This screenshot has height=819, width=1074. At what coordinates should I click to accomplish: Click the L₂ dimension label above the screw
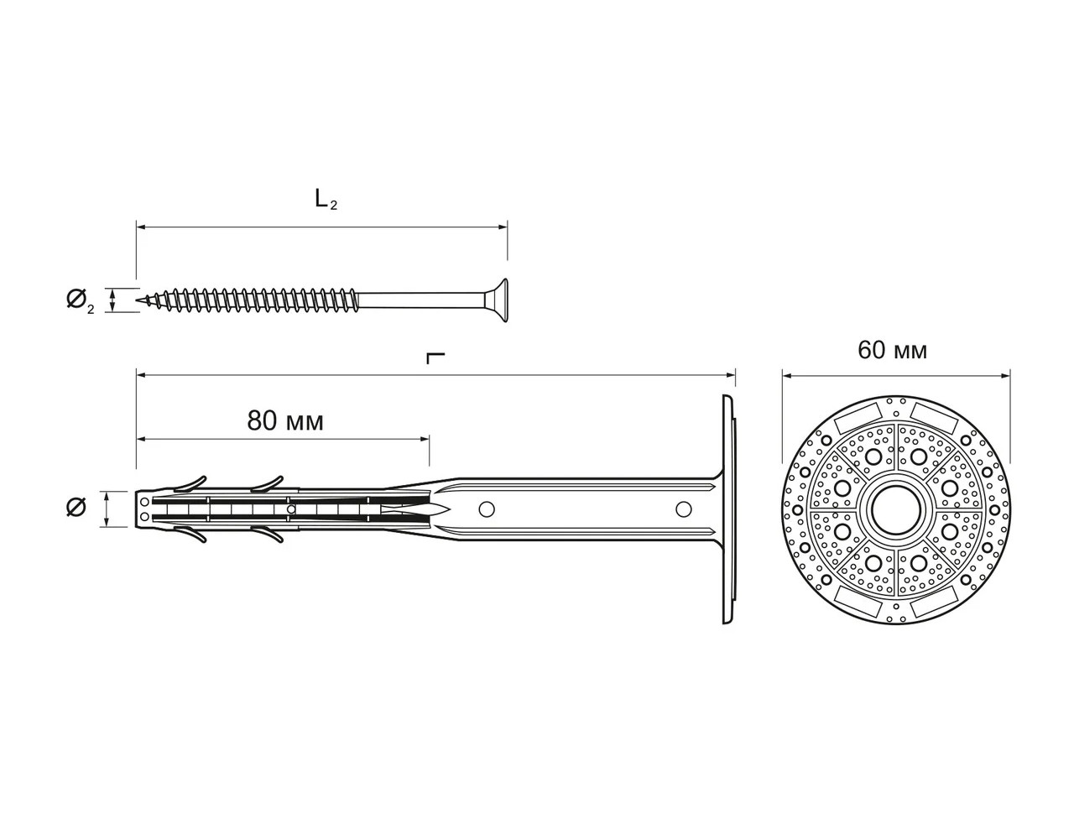pyautogui.click(x=326, y=200)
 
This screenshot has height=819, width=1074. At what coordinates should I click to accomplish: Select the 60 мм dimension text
pyautogui.click(x=893, y=350)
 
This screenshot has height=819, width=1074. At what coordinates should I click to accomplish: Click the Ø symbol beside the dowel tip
pyautogui.click(x=76, y=508)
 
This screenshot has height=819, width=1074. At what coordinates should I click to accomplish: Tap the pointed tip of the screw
pyautogui.click(x=139, y=300)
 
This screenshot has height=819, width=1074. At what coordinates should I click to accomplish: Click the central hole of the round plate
pyautogui.click(x=895, y=510)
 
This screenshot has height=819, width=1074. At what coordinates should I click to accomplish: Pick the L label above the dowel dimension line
pyautogui.click(x=435, y=357)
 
